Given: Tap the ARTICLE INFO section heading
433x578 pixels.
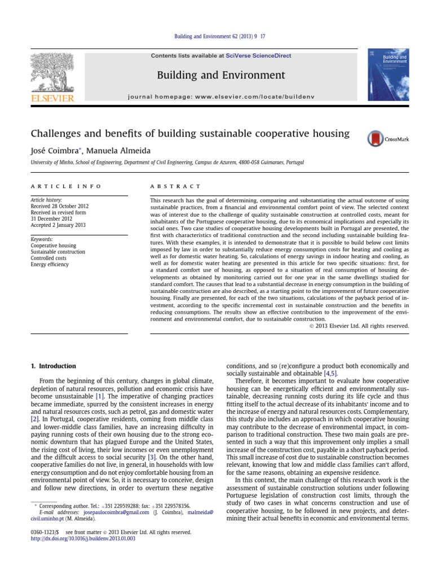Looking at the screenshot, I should [66, 186].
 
